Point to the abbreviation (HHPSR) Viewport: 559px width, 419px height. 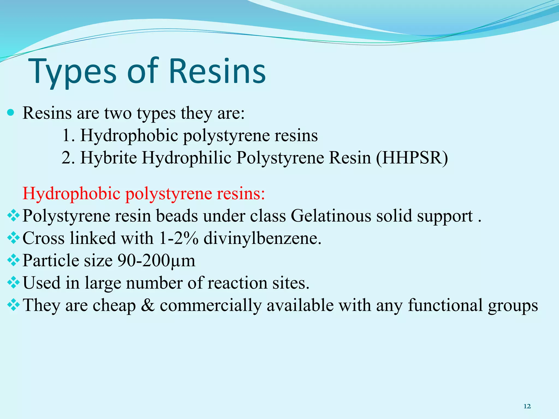(412, 158)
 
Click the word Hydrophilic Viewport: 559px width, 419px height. (186, 158)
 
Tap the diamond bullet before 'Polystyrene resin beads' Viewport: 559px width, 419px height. (13, 216)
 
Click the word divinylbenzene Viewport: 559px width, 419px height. (262, 238)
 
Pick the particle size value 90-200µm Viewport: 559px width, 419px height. (156, 261)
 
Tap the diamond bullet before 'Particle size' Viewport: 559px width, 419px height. (13, 261)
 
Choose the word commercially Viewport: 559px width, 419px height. (210, 305)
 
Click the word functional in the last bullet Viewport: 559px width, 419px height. (445, 305)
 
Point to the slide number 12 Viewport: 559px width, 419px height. (527, 406)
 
